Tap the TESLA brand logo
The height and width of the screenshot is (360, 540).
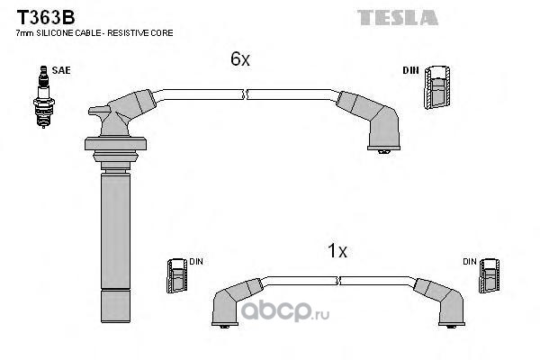397,17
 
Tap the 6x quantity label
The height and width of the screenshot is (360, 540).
239,59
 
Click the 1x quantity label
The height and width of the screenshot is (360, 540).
337,252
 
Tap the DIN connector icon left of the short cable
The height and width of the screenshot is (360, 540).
175,274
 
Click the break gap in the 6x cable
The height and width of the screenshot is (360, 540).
245,92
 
